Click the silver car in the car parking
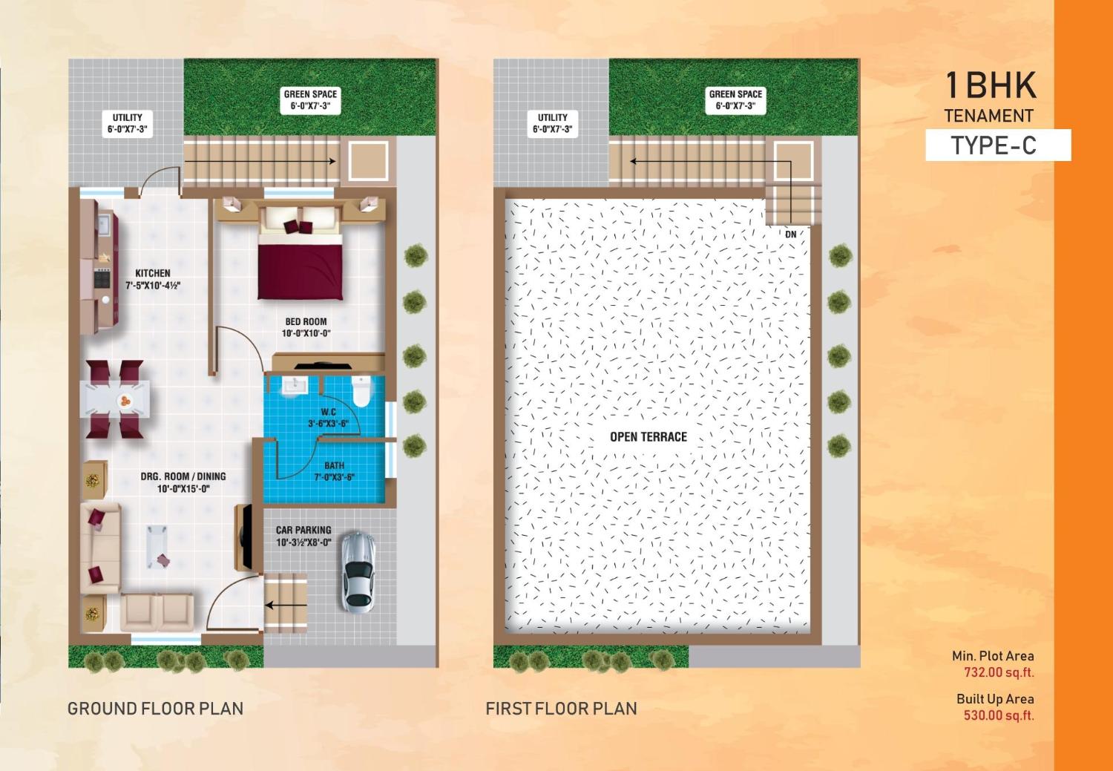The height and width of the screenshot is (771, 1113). pos(358,571)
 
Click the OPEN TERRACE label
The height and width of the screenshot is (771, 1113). pos(649,436)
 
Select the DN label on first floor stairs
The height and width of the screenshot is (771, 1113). pos(791,234)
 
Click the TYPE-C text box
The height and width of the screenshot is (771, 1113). pos(997,145)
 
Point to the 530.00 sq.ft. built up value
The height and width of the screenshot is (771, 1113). pos(998,715)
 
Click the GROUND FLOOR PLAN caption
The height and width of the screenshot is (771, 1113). pos(155,709)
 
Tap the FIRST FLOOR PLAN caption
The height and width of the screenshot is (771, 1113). pos(561,709)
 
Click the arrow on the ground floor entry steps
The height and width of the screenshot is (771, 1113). pos(286,604)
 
